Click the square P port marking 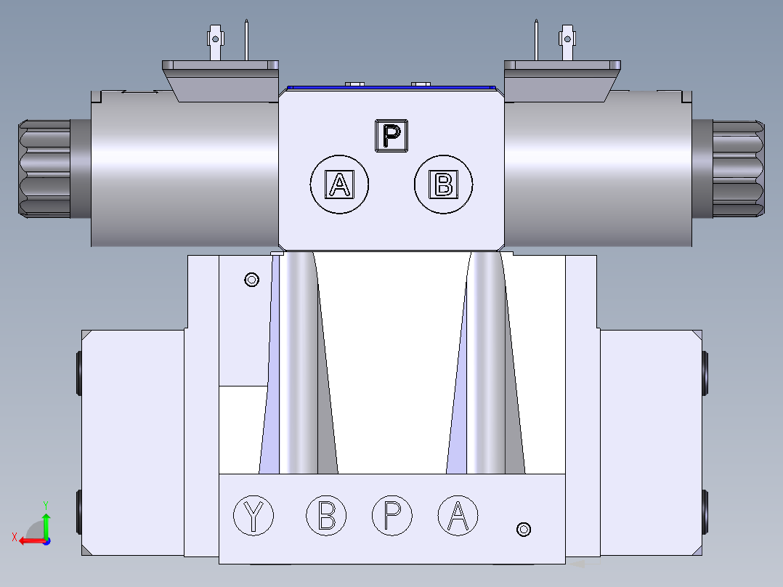click(391, 136)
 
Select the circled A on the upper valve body click(339, 185)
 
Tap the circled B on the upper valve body click(443, 185)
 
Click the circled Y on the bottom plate click(253, 515)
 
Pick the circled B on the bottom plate click(326, 515)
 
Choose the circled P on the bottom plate click(392, 515)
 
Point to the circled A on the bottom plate click(458, 515)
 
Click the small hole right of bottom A click(524, 529)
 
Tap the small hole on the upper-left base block click(252, 279)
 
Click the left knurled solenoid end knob click(44, 168)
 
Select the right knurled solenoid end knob click(737, 168)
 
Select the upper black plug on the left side click(78, 372)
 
